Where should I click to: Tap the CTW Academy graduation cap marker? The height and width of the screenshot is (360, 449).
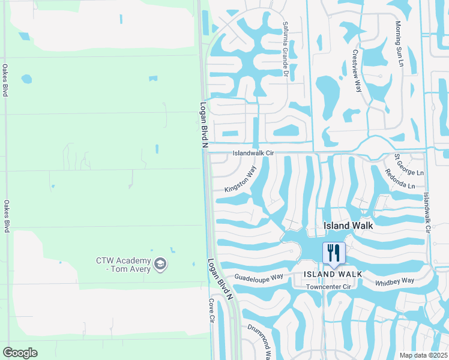coord(160,263)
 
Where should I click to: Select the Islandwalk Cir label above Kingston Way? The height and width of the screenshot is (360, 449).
coord(253,154)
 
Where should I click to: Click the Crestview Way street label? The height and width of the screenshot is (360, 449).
coord(357,70)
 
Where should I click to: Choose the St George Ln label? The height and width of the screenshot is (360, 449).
coord(409,165)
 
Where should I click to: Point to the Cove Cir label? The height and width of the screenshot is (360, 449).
coord(212,311)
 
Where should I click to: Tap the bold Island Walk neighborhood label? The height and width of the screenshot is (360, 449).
coord(348,226)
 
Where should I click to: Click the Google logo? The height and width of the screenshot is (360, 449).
coord(20,353)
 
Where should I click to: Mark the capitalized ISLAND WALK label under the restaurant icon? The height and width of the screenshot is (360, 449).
coord(333,274)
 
